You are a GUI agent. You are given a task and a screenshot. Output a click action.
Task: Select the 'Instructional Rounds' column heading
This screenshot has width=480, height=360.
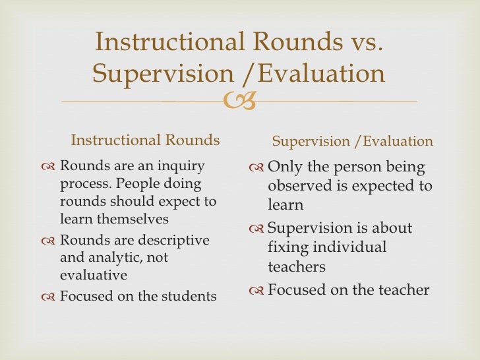(x=145, y=140)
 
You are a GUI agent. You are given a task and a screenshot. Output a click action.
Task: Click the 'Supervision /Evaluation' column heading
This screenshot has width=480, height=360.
(x=353, y=141)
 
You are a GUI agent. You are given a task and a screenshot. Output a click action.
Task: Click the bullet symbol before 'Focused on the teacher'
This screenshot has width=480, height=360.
(x=256, y=290)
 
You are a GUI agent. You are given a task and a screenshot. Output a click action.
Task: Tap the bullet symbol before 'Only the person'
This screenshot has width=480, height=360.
(x=256, y=168)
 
